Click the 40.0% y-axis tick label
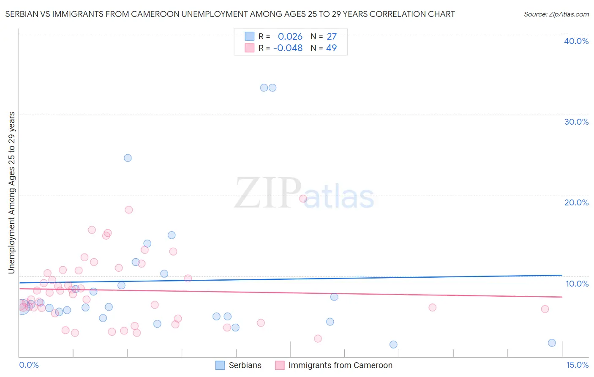[x=576, y=41]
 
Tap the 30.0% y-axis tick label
[x=576, y=122]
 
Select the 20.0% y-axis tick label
[x=576, y=202]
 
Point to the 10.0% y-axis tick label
[x=577, y=284]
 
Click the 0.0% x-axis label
[x=29, y=365]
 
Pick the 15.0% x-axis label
[x=577, y=365]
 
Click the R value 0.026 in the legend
[x=290, y=37]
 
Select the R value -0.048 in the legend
[x=288, y=48]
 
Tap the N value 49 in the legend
[x=331, y=48]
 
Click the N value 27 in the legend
[x=332, y=37]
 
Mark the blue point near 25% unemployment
[x=128, y=158]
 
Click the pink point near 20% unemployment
[x=303, y=199]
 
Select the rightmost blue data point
[x=552, y=343]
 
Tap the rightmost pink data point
[x=545, y=309]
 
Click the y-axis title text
[x=12, y=193]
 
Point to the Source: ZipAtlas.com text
[x=556, y=14]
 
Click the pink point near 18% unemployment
[x=129, y=210]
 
